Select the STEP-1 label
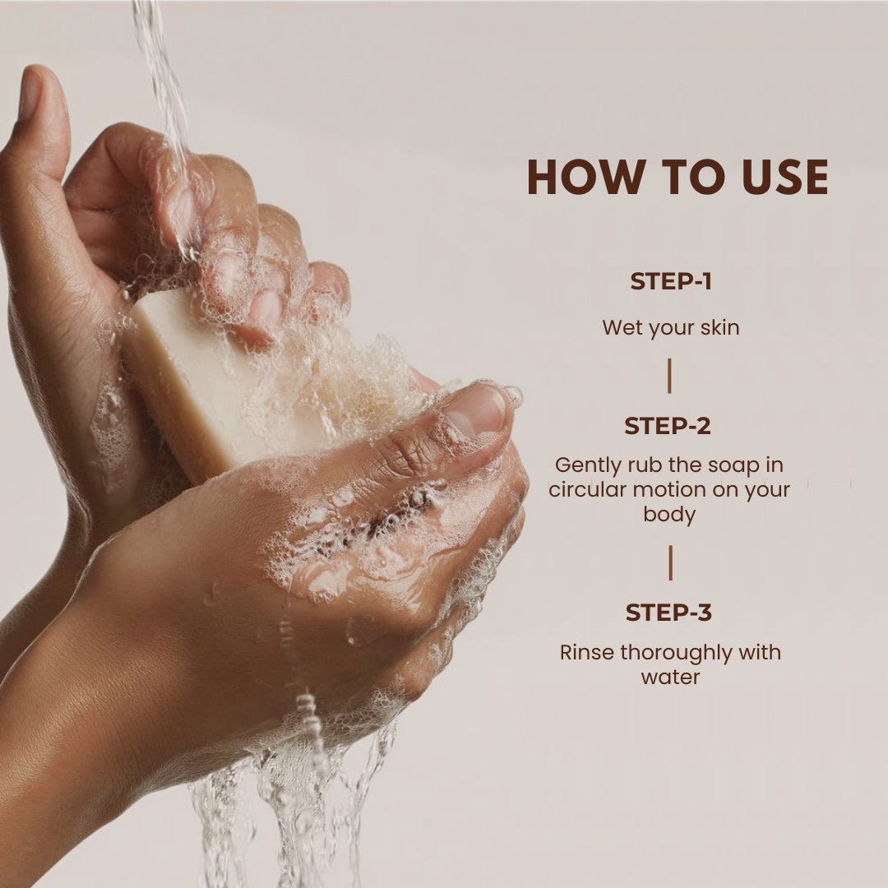(x=671, y=281)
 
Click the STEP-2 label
(x=668, y=426)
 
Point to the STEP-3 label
(x=668, y=613)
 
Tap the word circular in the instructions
(x=587, y=489)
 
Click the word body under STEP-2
(x=669, y=516)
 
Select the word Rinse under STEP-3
(x=587, y=652)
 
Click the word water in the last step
(x=671, y=678)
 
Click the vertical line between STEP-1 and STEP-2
(x=669, y=376)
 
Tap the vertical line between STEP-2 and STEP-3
(x=671, y=563)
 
